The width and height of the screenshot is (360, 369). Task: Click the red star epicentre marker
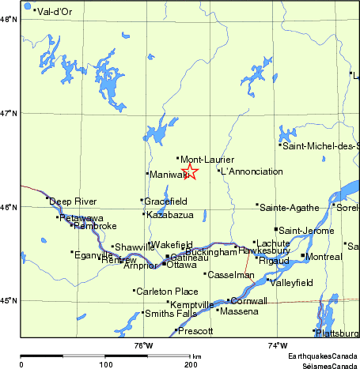[x=190, y=171]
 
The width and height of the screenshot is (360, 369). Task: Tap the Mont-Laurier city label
[x=207, y=160]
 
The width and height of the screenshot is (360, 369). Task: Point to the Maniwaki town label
[x=165, y=174]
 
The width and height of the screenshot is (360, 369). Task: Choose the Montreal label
[x=324, y=257]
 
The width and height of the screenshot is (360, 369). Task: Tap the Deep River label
[x=73, y=201]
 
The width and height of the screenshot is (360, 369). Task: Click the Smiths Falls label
[x=167, y=314]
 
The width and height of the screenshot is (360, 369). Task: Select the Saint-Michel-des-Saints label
[x=320, y=145]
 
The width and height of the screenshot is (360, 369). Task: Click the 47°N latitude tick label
[x=9, y=114]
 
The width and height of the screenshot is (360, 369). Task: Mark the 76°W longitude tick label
[x=143, y=345]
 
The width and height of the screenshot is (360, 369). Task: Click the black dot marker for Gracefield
[x=142, y=200]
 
